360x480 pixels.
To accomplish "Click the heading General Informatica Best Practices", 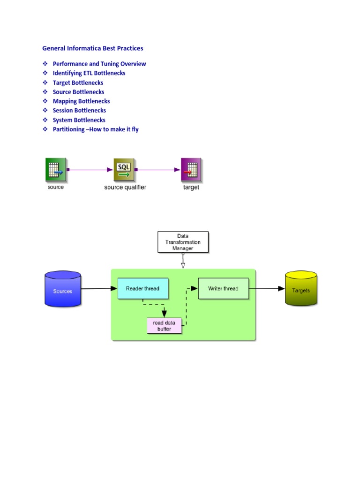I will point(93,48).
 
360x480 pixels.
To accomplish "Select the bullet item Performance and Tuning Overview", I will point(99,64).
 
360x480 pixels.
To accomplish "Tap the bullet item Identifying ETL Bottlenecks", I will point(89,73).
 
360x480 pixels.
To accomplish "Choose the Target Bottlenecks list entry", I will point(78,82).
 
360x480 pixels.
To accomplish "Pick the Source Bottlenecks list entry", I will point(78,92).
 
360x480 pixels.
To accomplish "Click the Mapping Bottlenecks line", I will point(81,101).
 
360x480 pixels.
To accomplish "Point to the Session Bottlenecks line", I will point(79,111).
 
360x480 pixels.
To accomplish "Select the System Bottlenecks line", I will point(79,120).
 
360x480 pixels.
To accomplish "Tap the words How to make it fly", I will point(115,129).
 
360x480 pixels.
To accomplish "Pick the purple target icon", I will point(191,170).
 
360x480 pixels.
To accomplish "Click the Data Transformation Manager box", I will point(183,242).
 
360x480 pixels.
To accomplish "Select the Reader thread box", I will point(142,289).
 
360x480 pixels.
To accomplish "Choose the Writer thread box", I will point(223,288).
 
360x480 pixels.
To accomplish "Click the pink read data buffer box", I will point(164,325).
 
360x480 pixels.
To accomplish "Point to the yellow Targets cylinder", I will point(300,290).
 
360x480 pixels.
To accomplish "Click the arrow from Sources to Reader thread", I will point(99,289).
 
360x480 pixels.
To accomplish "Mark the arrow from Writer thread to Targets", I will point(267,288).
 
